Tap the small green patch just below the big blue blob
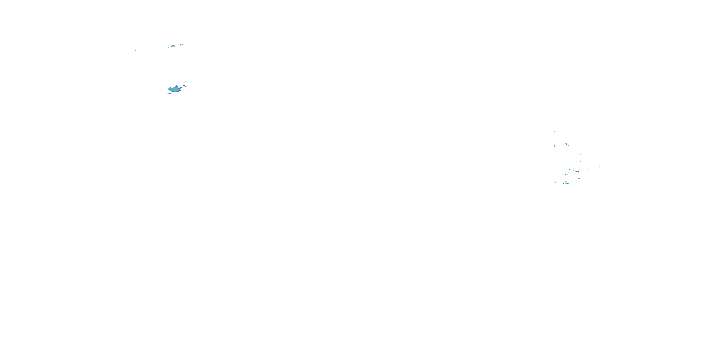pyautogui.click(x=169, y=94)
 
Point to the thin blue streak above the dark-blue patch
pyautogui.click(x=183, y=82)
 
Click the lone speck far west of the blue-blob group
pyautogui.click(x=135, y=51)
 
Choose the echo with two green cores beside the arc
pyautogui.click(x=173, y=46)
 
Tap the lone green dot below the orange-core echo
pyautogui.click(x=573, y=194)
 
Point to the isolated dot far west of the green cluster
pyautogui.click(x=489, y=177)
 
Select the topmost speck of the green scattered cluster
pyautogui.click(x=554, y=132)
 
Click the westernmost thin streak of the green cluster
pyautogui.click(x=533, y=146)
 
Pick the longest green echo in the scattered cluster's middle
pyautogui.click(x=577, y=171)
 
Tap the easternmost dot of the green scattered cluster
pyautogui.click(x=606, y=166)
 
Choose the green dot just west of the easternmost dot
pyautogui.click(x=599, y=166)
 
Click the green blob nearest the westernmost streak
pyautogui.click(x=555, y=146)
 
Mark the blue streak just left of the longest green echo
pyautogui.click(x=573, y=171)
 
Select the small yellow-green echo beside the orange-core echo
pyautogui.click(x=564, y=184)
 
